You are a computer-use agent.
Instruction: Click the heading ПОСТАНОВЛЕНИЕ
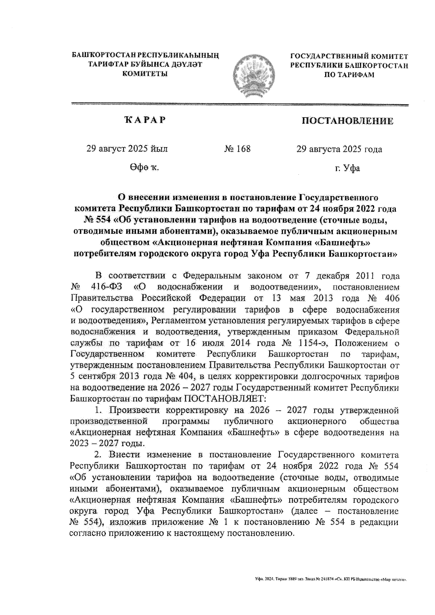coord(348,121)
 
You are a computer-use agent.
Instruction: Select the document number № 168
coord(237,149)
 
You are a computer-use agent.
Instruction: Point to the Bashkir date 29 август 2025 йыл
coord(127,149)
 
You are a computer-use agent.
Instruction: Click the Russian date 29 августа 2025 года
coord(339,149)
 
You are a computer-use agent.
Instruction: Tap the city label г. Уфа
coord(347,168)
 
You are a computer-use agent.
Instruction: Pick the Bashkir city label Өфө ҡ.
coord(144,168)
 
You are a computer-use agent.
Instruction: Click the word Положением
coord(363,343)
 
